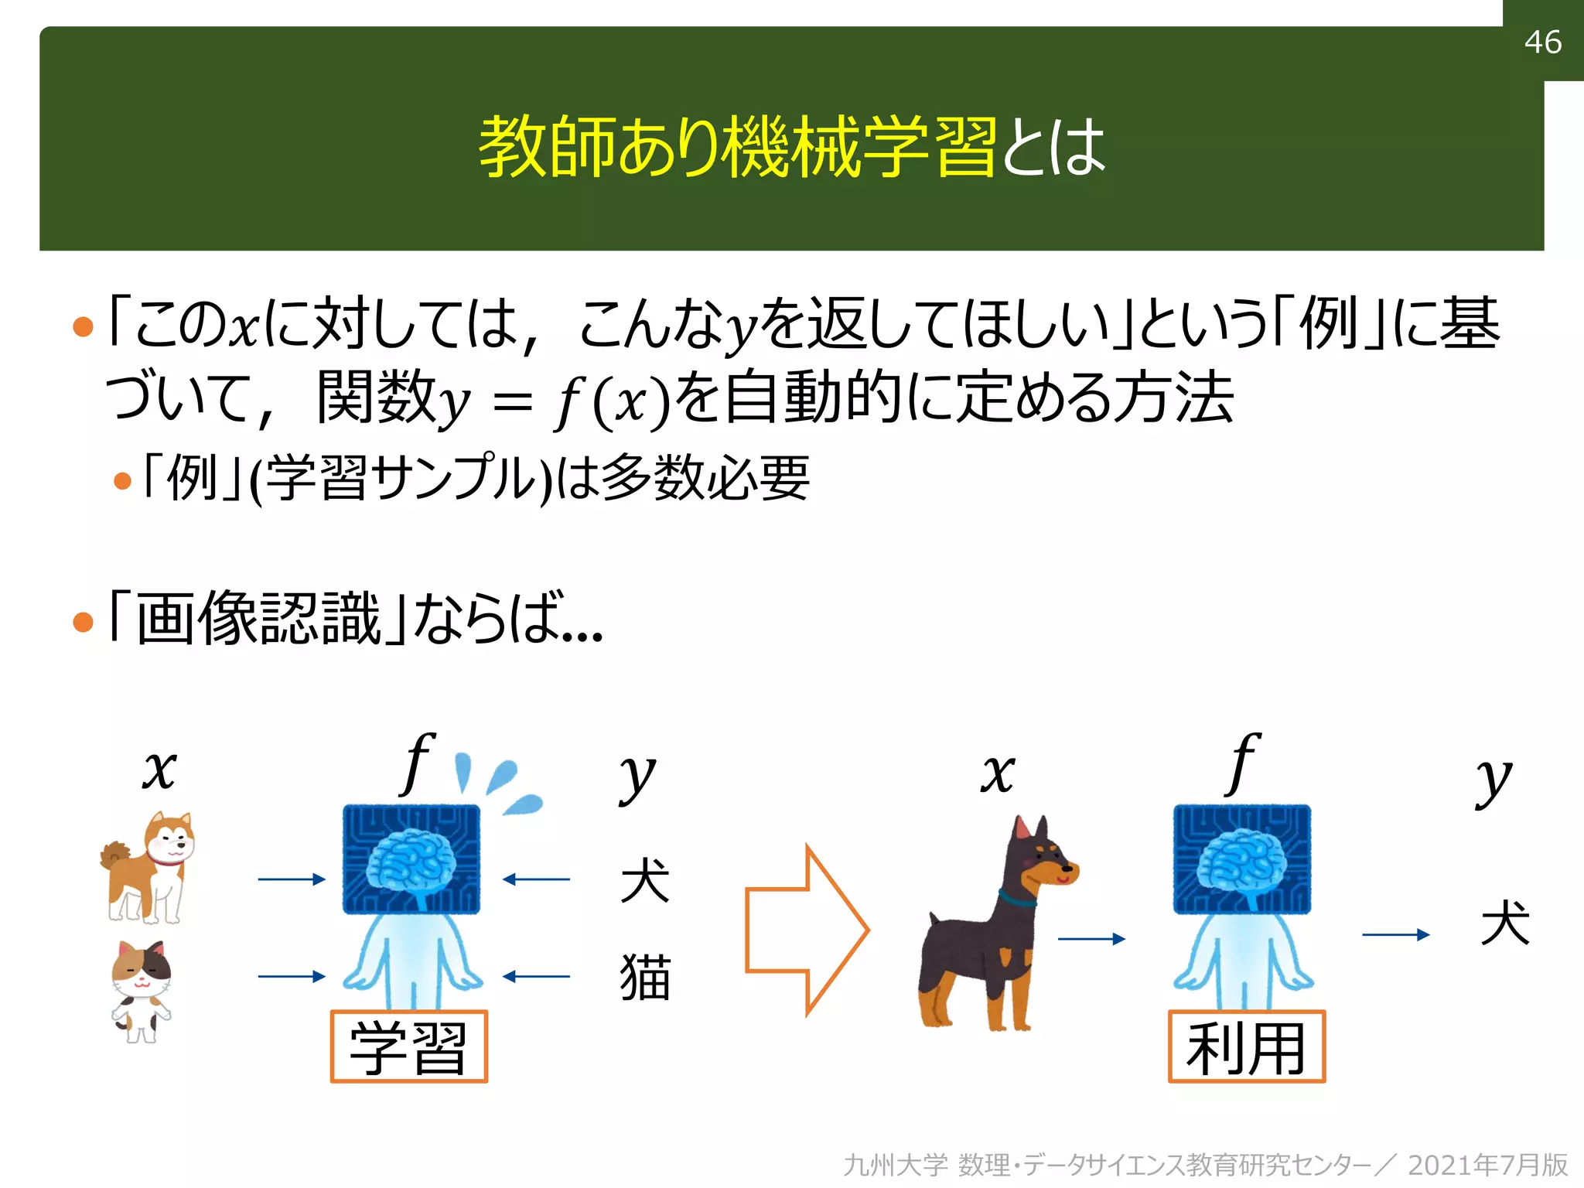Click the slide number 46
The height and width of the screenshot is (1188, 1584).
click(1542, 42)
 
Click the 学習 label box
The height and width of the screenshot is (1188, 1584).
click(408, 1046)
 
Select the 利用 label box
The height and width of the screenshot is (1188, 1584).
click(1246, 1046)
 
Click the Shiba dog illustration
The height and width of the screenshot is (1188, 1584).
click(148, 867)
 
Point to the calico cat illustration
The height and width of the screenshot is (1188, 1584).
click(141, 991)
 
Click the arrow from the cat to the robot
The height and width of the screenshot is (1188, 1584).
click(292, 977)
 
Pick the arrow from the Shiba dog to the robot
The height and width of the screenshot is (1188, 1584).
click(292, 879)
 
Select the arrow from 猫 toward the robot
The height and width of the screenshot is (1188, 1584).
click(536, 977)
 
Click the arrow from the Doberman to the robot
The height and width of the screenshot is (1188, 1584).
click(1091, 939)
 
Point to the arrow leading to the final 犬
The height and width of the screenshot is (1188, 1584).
click(1395, 935)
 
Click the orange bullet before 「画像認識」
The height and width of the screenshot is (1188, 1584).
click(83, 622)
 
